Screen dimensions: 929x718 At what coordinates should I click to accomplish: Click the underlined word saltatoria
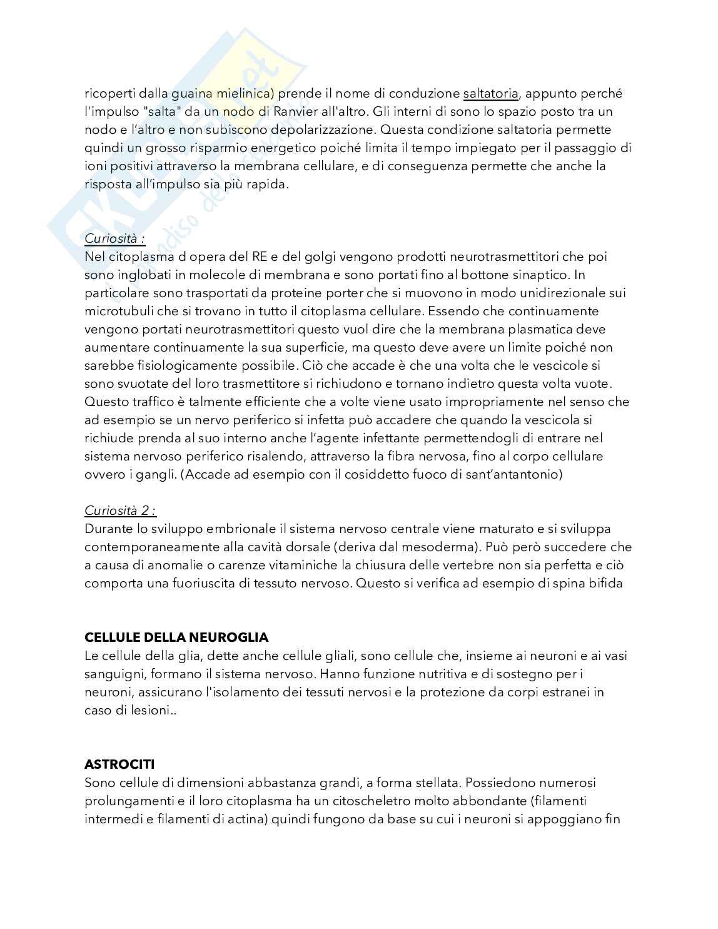pyautogui.click(x=490, y=94)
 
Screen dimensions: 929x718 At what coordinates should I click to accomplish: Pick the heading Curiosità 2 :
pyautogui.click(x=120, y=510)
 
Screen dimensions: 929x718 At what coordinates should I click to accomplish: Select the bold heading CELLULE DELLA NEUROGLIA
pyautogui.click(x=176, y=637)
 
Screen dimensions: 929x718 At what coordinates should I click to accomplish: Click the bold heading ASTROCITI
pyautogui.click(x=119, y=764)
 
